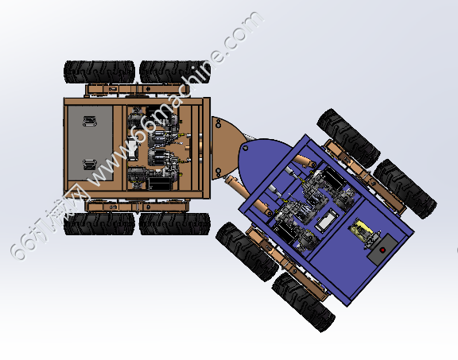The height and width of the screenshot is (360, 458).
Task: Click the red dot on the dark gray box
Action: coord(382,250)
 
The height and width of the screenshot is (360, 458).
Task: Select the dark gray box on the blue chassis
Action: coord(382,249)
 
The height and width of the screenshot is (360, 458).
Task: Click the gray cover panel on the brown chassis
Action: coord(91,143)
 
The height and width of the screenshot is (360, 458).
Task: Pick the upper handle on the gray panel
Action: coord(90,121)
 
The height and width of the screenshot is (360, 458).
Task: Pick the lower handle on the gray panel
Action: coord(90,165)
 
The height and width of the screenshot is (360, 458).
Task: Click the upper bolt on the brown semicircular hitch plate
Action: coord(218,125)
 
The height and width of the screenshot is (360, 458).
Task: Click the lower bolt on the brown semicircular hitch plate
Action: coord(218,171)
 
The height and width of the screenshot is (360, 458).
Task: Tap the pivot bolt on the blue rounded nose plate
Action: coord(246,149)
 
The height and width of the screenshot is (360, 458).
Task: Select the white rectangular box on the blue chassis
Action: coord(327,220)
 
